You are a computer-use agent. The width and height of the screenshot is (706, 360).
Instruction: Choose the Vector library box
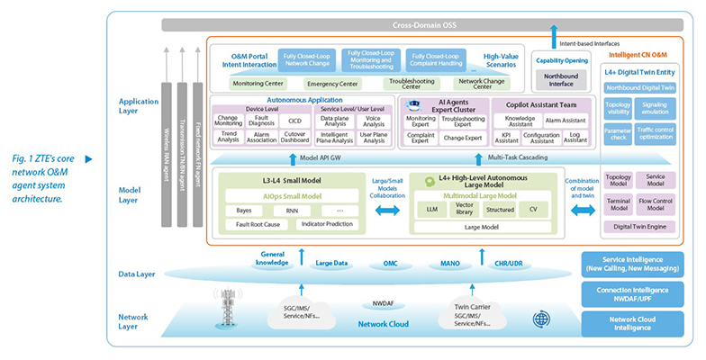464,210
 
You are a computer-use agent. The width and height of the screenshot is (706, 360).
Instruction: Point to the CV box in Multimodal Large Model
533,210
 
